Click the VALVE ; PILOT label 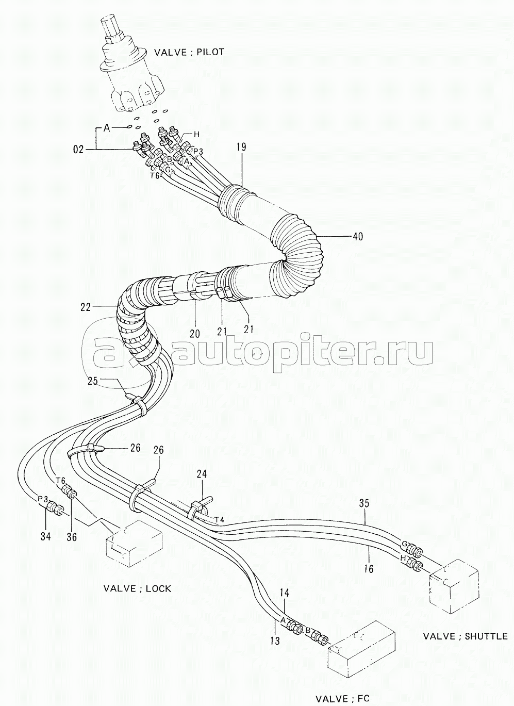189,52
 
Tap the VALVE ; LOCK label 138,588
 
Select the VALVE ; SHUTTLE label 465,636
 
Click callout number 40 357,236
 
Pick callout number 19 241,147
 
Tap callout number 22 86,307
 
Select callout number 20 195,334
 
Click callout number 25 93,382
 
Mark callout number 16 368,560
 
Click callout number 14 284,593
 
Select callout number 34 46,536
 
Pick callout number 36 72,536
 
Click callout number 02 78,150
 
